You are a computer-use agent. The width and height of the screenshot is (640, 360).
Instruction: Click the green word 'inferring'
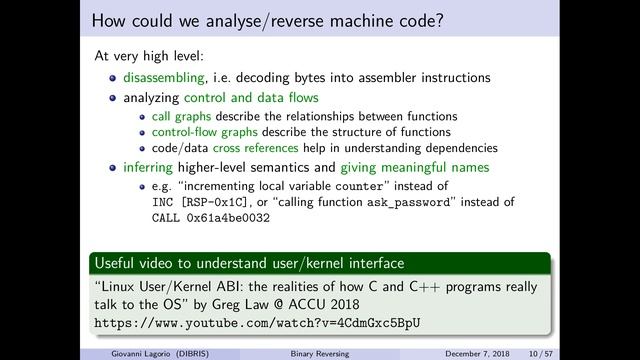pyautogui.click(x=148, y=167)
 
